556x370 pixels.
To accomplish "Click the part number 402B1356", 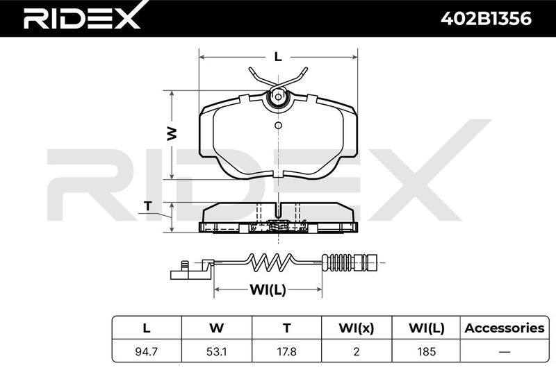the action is pos(486,19).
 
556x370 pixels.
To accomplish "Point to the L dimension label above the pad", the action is pos(278,57).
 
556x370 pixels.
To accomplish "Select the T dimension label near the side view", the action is pos(148,205).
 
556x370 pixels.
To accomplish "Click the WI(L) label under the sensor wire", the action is pos(268,289).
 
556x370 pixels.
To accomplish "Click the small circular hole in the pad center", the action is pos(279,125).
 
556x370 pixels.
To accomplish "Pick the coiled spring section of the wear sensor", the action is pos(271,263).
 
